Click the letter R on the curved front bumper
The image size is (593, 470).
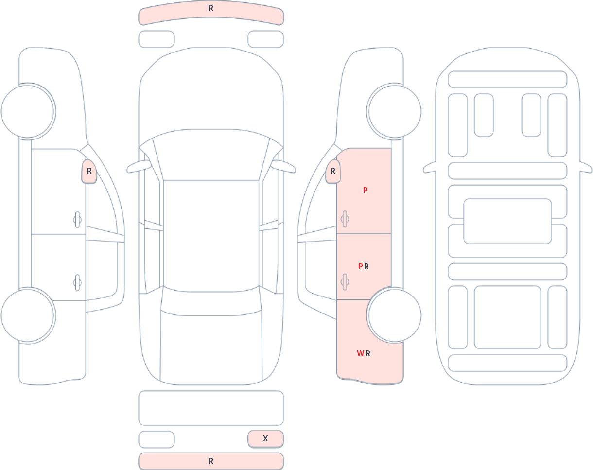[x=211, y=8]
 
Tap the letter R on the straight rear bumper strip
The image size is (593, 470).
[x=211, y=461]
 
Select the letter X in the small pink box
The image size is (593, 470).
[x=265, y=438]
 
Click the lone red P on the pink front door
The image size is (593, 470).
[x=366, y=190]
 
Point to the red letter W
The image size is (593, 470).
[x=361, y=353]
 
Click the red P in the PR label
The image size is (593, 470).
[x=361, y=266]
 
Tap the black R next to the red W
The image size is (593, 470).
[x=368, y=353]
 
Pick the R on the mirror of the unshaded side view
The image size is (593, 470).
[x=89, y=171]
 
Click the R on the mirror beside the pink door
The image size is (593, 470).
[x=333, y=171]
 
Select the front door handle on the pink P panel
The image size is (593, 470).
[x=345, y=219]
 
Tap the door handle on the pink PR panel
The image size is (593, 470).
[x=345, y=282]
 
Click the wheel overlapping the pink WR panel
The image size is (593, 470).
[x=395, y=315]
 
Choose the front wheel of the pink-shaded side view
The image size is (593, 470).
[x=395, y=112]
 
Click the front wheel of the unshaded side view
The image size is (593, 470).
[x=28, y=112]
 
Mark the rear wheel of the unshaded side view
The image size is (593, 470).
[x=28, y=315]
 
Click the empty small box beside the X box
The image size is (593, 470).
[x=157, y=439]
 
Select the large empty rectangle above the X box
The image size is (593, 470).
[x=211, y=408]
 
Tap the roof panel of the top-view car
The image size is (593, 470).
[x=211, y=236]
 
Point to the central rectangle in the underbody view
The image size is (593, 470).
[x=507, y=221]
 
